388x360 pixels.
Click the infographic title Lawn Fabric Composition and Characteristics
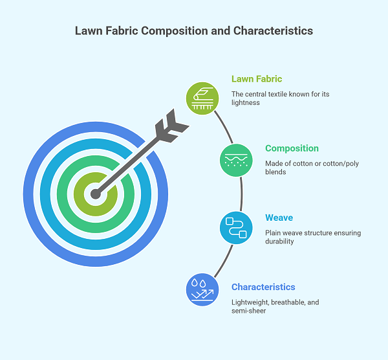coord(194,30)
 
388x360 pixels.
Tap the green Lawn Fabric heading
coord(257,79)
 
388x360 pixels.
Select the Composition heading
coord(292,148)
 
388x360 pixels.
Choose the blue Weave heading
coord(279,218)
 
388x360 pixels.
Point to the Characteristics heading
coord(263,287)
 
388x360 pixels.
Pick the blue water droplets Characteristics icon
coord(202,289)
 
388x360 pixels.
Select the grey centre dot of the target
coord(96,192)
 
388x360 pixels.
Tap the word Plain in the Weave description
coord(274,233)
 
